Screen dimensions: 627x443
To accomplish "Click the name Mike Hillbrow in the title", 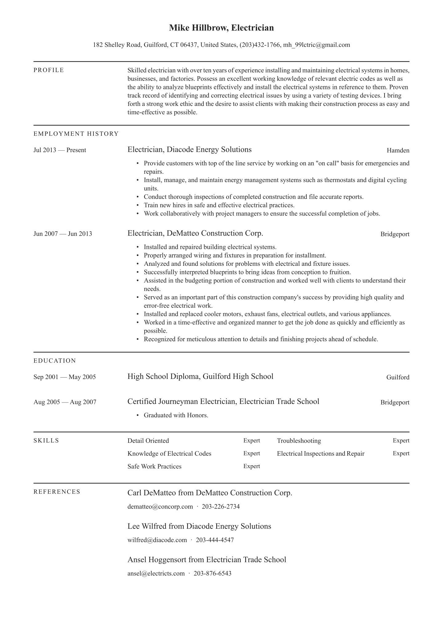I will (198, 28).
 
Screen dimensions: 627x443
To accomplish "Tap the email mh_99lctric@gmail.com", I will (316, 45).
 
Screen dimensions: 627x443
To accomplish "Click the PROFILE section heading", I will (49, 70).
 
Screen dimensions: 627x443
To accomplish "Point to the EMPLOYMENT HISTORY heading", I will (76, 134).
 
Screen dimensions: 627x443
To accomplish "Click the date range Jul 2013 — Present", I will (60, 150).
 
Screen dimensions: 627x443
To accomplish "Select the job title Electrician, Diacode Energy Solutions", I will (190, 150).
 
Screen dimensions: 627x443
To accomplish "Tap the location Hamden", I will (398, 151).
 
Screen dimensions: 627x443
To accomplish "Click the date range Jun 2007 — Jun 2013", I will (63, 234).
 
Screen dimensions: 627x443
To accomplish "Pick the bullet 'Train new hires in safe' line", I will (219, 205).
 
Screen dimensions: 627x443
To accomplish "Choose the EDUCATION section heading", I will (54, 361).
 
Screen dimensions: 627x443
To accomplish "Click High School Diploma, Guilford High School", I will (200, 377).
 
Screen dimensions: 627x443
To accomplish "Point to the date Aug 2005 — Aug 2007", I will (65, 402).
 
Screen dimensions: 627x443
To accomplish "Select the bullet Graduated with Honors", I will (176, 415).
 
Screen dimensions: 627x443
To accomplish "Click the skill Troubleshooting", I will (299, 441).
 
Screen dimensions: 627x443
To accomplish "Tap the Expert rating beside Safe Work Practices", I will (251, 466).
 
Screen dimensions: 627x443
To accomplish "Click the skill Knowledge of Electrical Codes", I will (169, 454).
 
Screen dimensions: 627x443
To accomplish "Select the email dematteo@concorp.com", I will (160, 507).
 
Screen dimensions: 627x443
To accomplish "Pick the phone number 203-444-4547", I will (215, 540).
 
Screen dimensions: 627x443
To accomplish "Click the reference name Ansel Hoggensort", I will (157, 560).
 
